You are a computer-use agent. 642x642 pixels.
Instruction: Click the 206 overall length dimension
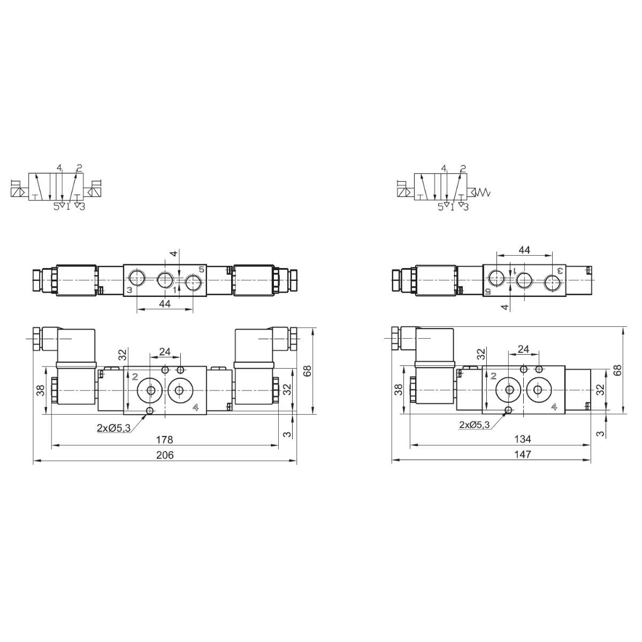point(165,455)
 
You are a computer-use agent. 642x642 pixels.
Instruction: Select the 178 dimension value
point(165,440)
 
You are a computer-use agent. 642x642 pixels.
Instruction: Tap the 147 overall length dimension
point(523,454)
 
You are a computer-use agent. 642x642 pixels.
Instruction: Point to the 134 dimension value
point(522,439)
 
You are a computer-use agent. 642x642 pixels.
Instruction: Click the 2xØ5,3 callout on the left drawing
point(113,428)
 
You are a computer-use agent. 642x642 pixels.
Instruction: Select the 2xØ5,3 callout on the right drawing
point(474,425)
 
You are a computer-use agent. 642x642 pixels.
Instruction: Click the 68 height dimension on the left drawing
point(307,371)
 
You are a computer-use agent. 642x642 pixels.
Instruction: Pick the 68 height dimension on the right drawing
point(618,370)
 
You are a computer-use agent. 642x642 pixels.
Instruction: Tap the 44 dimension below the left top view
point(165,303)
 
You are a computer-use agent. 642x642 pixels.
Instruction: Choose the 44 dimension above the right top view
point(524,250)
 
